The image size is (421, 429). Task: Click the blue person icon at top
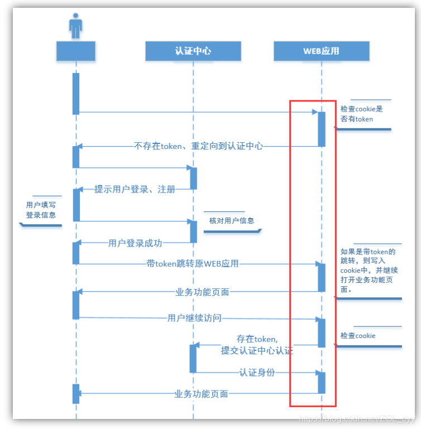click(x=75, y=27)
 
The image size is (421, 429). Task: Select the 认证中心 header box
click(x=193, y=51)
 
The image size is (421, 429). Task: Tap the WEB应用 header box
click(x=321, y=51)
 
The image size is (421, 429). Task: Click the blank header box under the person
click(x=76, y=51)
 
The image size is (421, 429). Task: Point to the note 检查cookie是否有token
click(x=362, y=114)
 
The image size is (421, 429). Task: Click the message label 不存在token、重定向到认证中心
click(x=198, y=146)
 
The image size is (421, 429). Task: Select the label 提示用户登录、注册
click(x=135, y=189)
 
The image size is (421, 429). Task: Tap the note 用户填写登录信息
click(x=41, y=210)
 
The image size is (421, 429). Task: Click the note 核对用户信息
click(x=231, y=220)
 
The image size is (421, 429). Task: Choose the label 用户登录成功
click(x=135, y=243)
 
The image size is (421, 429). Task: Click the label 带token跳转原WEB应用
click(x=193, y=263)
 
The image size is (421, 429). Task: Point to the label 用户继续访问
click(x=194, y=318)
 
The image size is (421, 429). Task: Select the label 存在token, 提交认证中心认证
click(x=257, y=345)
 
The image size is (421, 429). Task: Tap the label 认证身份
click(x=257, y=372)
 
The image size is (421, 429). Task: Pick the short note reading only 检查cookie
click(x=358, y=336)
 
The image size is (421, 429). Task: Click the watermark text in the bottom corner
click(x=357, y=418)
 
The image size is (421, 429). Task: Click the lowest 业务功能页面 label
click(x=201, y=394)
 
